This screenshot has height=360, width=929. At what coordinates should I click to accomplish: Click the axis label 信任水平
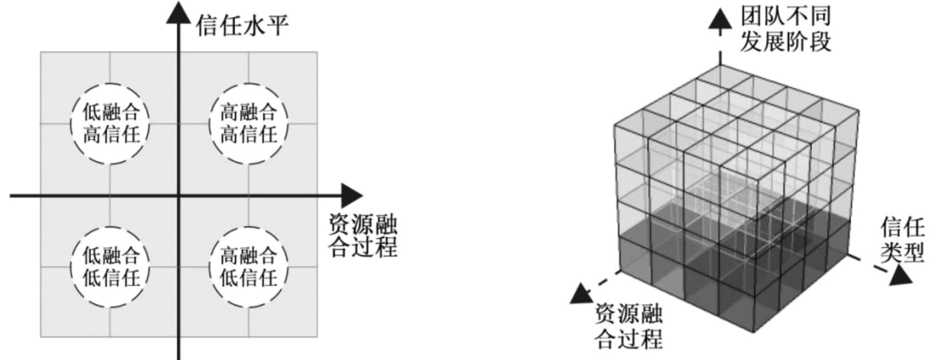tap(242, 26)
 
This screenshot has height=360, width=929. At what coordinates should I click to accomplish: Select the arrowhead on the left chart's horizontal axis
tap(351, 196)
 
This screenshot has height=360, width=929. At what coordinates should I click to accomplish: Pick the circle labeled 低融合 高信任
tap(110, 124)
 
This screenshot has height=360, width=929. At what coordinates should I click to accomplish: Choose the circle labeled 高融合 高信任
tap(248, 124)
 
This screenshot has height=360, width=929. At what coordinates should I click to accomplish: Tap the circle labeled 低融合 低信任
tap(110, 267)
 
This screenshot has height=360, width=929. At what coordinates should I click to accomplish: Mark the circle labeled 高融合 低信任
tap(248, 267)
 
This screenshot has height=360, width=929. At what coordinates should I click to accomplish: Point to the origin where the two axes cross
tap(179, 196)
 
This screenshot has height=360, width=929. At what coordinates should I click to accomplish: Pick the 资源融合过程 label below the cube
tap(628, 326)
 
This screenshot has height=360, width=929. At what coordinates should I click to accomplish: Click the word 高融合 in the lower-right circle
tap(248, 255)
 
